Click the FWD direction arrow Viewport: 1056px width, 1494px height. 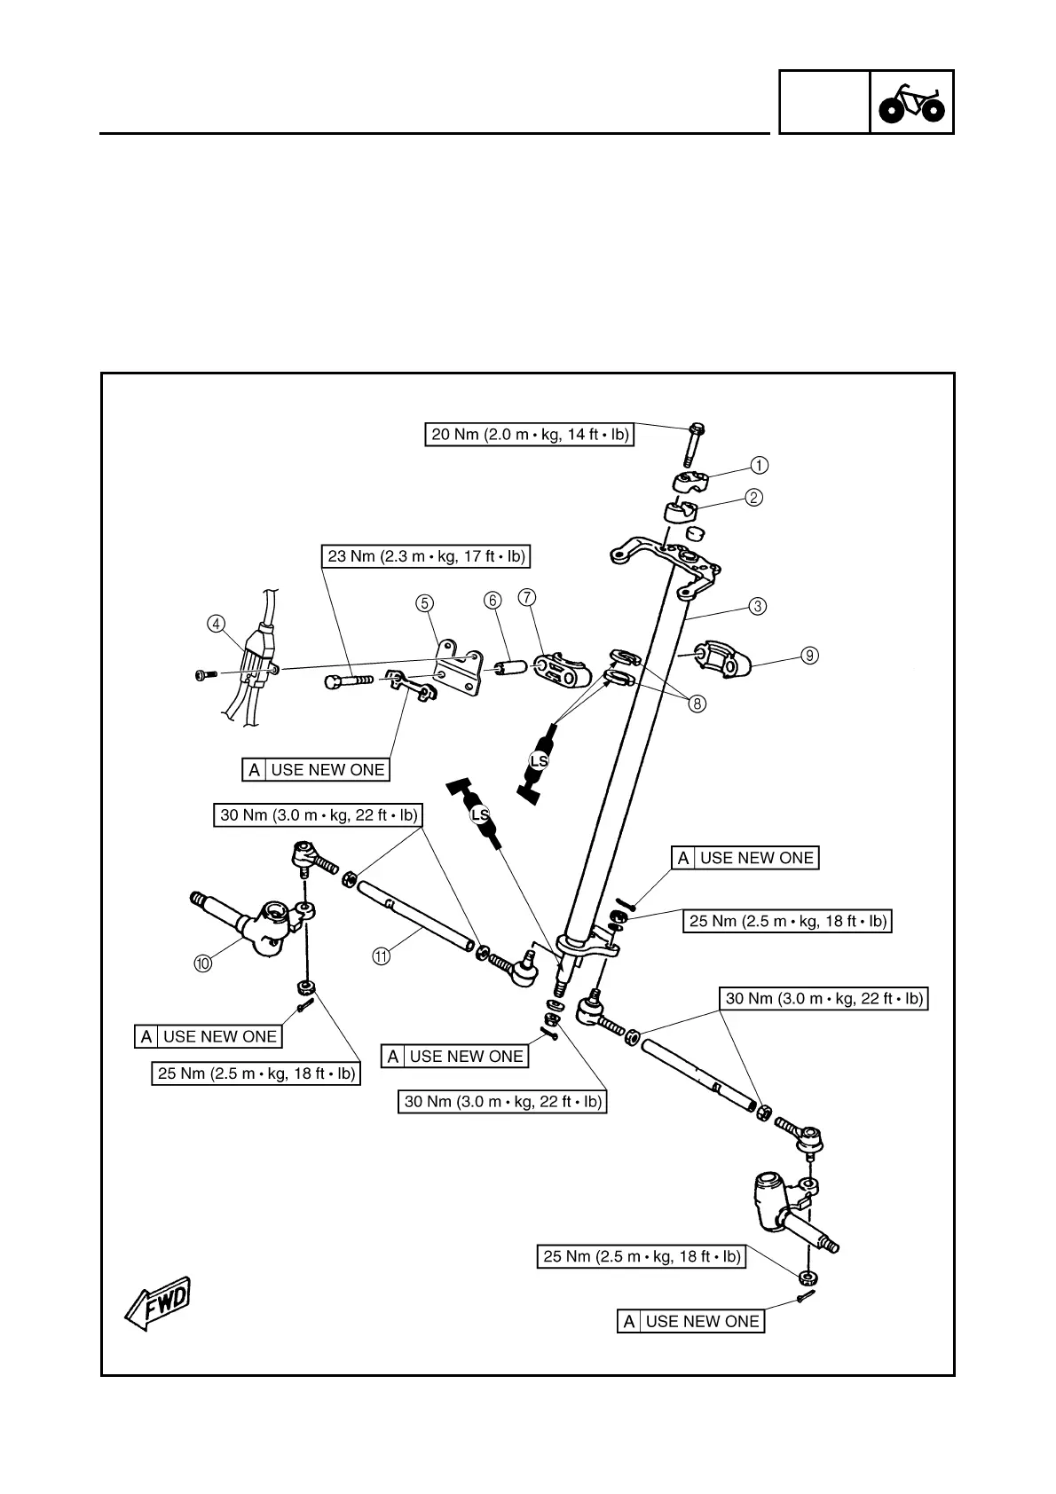point(157,1302)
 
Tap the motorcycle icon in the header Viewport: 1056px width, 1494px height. point(911,103)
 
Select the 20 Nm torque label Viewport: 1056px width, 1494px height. point(530,435)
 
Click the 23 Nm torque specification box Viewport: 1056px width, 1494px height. point(426,556)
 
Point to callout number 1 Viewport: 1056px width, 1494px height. point(759,465)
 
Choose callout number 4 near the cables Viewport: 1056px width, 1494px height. point(216,624)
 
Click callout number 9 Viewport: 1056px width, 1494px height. point(808,656)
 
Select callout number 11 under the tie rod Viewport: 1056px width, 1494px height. point(381,955)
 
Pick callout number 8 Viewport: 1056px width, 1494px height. point(698,704)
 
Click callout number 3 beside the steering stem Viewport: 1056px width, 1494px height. point(756,607)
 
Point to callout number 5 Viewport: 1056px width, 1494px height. point(425,603)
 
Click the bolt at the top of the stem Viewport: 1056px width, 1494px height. point(694,444)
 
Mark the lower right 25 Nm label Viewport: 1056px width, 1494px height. point(642,1256)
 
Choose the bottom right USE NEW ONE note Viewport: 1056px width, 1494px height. point(691,1321)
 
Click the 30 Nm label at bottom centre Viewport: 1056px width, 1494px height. point(503,1102)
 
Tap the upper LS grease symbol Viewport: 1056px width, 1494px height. point(539,761)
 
